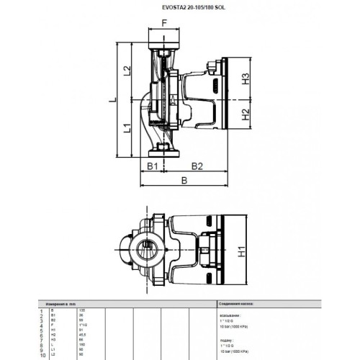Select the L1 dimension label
tap(127, 130)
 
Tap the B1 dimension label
tap(152, 166)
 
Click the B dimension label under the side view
tap(184, 182)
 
